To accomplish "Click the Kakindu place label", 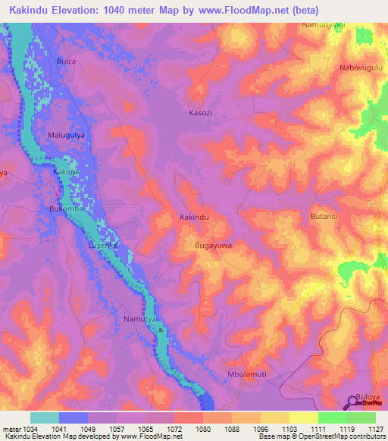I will click(193, 217).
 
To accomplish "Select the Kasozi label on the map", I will click(201, 113).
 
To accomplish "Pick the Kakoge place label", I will click(66, 173).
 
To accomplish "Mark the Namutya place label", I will click(139, 320).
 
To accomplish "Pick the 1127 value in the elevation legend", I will click(364, 429).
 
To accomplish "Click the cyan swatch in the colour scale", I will click(45, 418).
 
